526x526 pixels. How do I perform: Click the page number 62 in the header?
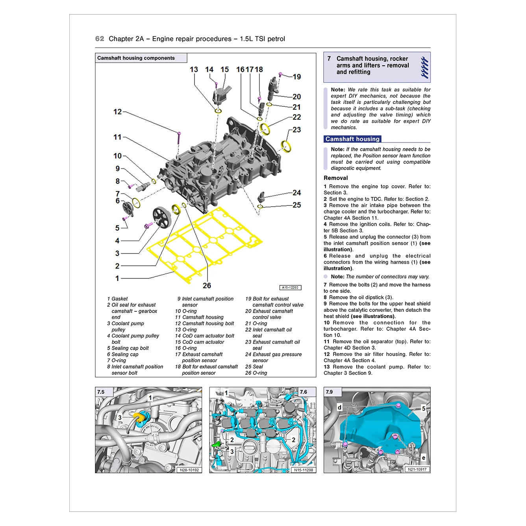[x=100, y=39]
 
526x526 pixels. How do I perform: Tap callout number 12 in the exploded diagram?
[x=117, y=112]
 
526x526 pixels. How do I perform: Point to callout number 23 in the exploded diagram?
[x=296, y=130]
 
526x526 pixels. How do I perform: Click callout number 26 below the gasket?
[x=207, y=285]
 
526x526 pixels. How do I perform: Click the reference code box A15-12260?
[x=291, y=287]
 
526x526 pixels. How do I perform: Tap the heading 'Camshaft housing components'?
[x=136, y=58]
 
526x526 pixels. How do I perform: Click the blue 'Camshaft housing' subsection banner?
[x=352, y=139]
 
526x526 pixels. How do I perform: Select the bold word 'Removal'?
[x=336, y=178]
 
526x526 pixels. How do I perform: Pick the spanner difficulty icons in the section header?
[x=424, y=67]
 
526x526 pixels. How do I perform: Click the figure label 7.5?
[x=101, y=392]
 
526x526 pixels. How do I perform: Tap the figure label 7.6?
[x=303, y=392]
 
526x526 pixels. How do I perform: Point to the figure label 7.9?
[x=329, y=392]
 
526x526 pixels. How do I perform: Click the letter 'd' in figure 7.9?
[x=339, y=407]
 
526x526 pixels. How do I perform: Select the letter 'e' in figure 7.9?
[x=423, y=458]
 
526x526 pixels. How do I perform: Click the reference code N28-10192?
[x=189, y=470]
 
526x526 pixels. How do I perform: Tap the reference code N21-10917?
[x=417, y=469]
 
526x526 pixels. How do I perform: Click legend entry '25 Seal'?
[x=254, y=367]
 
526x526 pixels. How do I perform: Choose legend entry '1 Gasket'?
[x=117, y=298]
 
